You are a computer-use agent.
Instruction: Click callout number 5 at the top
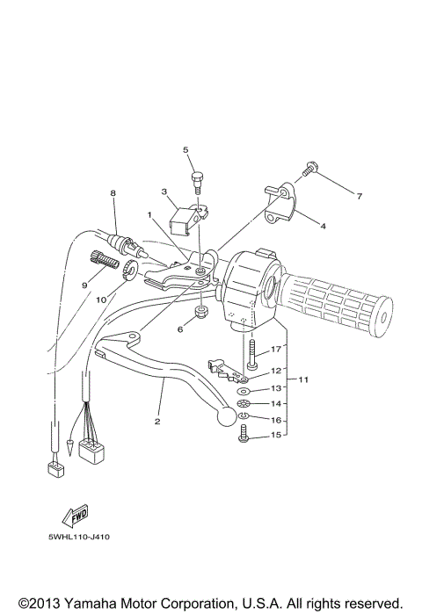tap(186, 150)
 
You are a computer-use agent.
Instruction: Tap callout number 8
tap(113, 192)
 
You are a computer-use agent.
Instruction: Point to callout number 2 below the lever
tap(158, 421)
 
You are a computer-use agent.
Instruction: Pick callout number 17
tap(274, 349)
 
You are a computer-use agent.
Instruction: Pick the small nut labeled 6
tap(201, 314)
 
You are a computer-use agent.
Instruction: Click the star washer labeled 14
tap(244, 403)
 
